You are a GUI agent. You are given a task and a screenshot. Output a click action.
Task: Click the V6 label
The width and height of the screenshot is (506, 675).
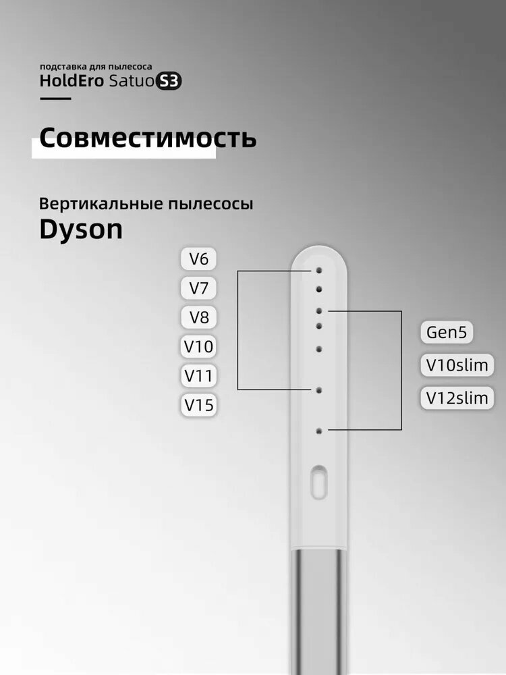coord(198,259)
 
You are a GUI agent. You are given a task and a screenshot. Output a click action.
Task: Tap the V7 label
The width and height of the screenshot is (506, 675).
coord(198,288)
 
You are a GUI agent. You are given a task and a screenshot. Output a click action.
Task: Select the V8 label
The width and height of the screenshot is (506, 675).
coord(198,317)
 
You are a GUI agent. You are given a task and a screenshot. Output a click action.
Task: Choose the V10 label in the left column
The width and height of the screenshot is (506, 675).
coord(198,346)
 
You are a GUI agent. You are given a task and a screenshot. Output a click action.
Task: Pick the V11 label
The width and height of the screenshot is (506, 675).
coord(198,375)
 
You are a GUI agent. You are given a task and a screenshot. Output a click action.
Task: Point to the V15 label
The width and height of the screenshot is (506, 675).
coord(198,404)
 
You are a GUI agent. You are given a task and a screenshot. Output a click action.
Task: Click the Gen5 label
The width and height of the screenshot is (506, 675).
coord(446,332)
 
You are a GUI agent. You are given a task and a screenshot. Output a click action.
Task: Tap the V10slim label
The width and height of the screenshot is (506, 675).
coord(457,365)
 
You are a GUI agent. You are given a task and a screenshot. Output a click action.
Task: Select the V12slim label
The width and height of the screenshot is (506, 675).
coord(457,398)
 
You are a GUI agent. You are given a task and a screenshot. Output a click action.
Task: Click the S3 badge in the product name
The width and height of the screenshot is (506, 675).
coord(168,81)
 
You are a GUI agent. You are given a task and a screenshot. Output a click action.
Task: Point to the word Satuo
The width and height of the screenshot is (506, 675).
coord(131,81)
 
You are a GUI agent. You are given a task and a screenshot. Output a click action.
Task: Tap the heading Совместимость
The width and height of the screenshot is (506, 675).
coord(148,138)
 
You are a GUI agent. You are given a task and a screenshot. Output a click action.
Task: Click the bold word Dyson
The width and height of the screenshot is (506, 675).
coord(81,230)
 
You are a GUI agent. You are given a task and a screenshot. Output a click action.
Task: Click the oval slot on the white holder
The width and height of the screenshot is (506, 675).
coord(319,482)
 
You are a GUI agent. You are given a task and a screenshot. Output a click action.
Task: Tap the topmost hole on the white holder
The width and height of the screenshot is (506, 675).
coord(319,271)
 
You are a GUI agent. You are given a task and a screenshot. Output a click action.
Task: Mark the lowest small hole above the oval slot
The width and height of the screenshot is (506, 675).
coord(319,431)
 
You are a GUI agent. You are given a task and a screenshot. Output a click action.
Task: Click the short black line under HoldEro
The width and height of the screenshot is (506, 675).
coord(55,99)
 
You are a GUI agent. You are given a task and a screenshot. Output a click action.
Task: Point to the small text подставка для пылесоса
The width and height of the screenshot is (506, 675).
coord(96,67)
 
